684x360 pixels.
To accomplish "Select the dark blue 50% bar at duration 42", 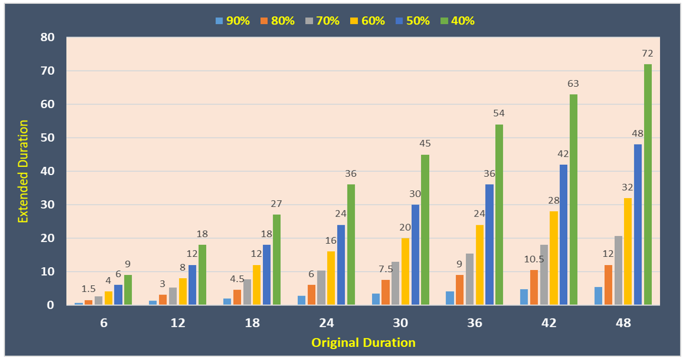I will click(563, 235).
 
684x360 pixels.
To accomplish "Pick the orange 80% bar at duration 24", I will click(311, 295).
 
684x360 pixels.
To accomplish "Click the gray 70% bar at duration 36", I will click(470, 279).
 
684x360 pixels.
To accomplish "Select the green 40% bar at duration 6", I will click(128, 290).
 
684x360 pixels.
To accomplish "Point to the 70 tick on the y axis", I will click(50, 71).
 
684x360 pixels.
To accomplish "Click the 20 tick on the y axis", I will click(50, 238).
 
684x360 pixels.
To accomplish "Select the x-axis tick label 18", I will click(252, 322).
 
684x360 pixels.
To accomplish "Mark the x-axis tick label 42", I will click(549, 322).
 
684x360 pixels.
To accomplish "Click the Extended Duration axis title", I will click(23, 171).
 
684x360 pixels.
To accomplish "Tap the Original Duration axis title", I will click(363, 343).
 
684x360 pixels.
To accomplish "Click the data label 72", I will click(647, 53).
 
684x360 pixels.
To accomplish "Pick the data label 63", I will click(573, 83).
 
